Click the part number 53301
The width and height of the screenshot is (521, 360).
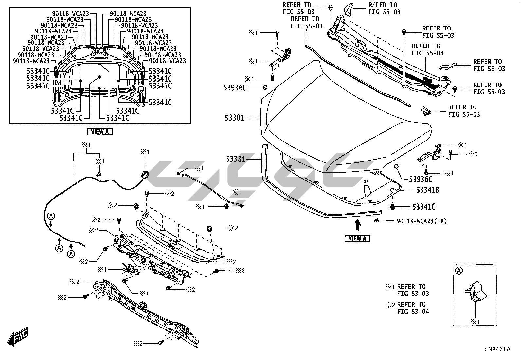[234, 117]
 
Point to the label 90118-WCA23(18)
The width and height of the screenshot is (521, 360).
[422, 221]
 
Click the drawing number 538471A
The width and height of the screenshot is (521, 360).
[498, 349]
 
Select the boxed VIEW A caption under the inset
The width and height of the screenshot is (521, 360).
[100, 132]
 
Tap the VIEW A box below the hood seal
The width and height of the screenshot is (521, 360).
[357, 238]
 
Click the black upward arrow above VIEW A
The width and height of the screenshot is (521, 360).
[358, 225]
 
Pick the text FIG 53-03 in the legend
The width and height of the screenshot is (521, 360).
[413, 294]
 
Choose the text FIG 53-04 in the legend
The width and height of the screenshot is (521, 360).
[413, 311]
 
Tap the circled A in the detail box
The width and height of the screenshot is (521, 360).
[459, 271]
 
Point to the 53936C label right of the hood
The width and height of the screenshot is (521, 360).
[421, 179]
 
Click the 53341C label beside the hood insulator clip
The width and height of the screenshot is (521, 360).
[424, 207]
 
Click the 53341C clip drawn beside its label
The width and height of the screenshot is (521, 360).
[392, 207]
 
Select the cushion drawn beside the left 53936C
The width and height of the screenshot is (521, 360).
[265, 87]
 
